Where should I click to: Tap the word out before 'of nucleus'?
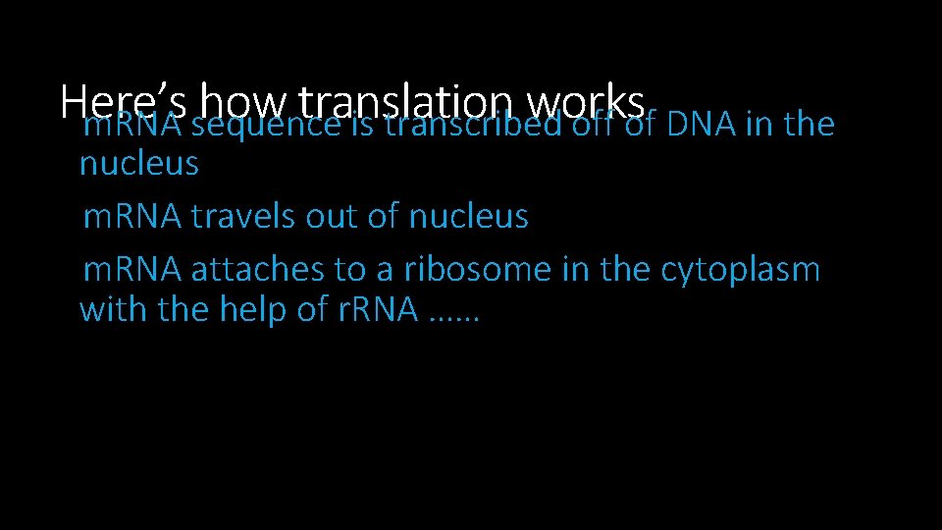(333, 217)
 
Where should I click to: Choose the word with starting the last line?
(111, 310)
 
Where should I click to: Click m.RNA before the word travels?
(132, 217)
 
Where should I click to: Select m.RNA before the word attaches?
(132, 269)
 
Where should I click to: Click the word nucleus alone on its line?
(138, 164)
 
